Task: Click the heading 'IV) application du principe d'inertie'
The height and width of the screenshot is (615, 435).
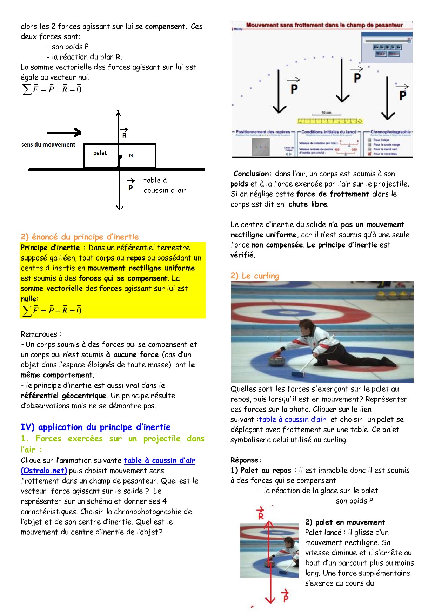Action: pos(95,427)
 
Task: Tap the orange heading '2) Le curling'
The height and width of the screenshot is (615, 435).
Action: pos(255,276)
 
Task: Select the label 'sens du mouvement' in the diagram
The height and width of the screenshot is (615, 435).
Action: pos(48,144)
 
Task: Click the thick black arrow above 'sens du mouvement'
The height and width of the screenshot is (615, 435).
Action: pos(64,133)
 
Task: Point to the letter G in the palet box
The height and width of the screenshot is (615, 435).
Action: pos(130,155)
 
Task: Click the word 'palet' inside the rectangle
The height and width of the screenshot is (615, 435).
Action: pos(100,153)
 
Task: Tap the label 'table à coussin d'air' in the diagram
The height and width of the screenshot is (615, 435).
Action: pos(164,185)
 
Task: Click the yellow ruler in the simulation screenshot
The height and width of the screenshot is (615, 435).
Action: pos(329,121)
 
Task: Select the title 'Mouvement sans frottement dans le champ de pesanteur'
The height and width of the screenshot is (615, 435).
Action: pos(324,25)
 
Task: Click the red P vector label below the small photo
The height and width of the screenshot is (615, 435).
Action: pos(285,596)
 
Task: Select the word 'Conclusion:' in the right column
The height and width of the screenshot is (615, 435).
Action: pos(252,174)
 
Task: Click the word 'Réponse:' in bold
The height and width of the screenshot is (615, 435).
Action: pos(246,460)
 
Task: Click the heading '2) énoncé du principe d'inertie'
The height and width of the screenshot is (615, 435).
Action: pos(80,237)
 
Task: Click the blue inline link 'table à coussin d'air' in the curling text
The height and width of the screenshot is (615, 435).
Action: pos(292,419)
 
